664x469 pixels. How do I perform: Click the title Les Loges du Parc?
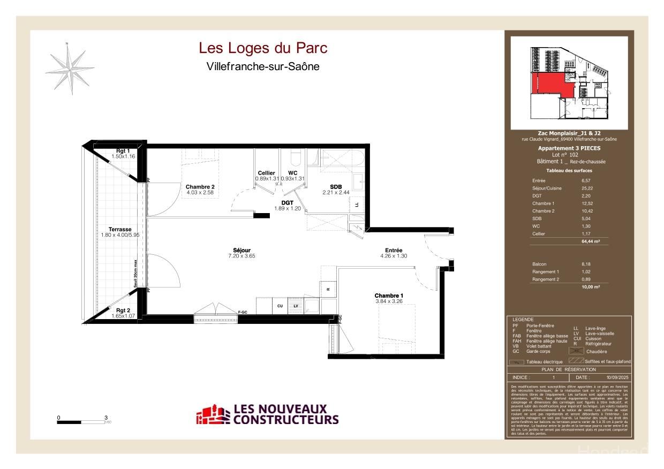coord(263,48)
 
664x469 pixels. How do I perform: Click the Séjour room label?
coord(242,251)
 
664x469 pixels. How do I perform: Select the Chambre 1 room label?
coord(389,296)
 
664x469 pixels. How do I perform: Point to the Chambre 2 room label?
coord(200,186)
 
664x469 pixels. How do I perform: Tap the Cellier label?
coord(266,173)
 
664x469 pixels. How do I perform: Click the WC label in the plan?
coord(292,173)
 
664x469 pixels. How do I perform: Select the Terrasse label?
coord(120,229)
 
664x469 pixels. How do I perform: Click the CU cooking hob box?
coord(280,306)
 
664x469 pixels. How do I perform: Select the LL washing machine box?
coord(357,203)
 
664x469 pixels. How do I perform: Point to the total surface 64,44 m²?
coord(590,241)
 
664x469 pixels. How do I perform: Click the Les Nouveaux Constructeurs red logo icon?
coord(213,415)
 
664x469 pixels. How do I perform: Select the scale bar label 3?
coord(106,418)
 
